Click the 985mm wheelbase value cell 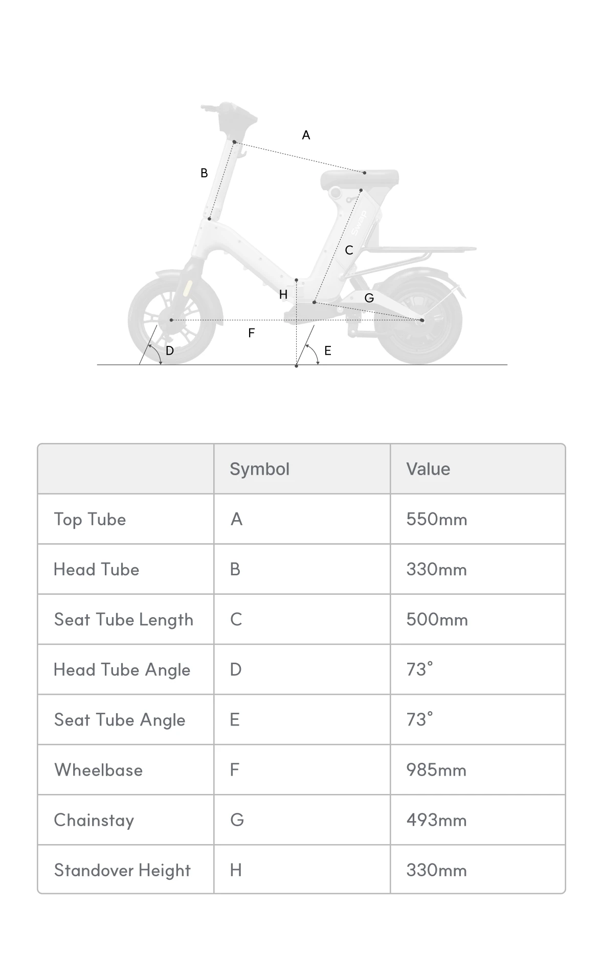(436, 770)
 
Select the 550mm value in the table (436, 520)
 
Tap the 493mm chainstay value (436, 820)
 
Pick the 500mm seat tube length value (437, 620)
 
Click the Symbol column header (259, 469)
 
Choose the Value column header (428, 469)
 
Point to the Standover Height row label (122, 870)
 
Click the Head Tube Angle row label (122, 670)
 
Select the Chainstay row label (94, 820)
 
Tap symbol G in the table (237, 820)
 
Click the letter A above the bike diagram (306, 135)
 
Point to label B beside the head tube (204, 173)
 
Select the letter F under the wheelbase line (251, 333)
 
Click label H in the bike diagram (283, 294)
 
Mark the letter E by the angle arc (328, 350)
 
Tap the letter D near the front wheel (170, 350)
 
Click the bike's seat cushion (360, 178)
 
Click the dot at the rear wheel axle (422, 320)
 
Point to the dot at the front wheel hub (171, 320)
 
